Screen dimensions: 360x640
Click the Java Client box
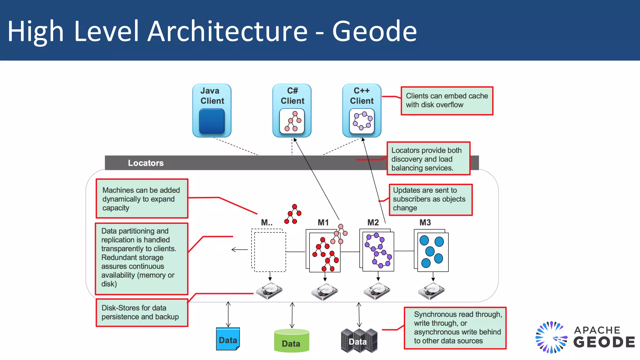(212, 111)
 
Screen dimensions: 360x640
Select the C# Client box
(292, 111)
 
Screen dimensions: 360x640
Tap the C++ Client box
(362, 111)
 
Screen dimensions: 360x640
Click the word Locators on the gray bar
(146, 163)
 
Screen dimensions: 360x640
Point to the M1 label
(323, 222)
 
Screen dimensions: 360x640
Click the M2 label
(373, 222)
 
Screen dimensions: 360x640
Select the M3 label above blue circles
(425, 222)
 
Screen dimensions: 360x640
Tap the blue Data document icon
(228, 339)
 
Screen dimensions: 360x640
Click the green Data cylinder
(291, 341)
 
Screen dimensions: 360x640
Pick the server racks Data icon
(359, 341)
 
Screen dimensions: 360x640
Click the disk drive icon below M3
(431, 291)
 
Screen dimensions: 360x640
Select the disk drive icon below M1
(324, 292)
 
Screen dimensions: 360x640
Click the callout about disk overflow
(447, 101)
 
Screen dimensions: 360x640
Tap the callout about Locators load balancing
(428, 159)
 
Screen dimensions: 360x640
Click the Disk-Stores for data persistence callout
(142, 312)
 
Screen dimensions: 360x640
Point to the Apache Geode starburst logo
(551, 337)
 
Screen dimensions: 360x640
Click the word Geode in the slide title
(374, 31)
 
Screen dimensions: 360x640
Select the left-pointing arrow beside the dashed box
(239, 249)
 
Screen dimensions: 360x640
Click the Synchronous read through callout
(455, 328)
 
